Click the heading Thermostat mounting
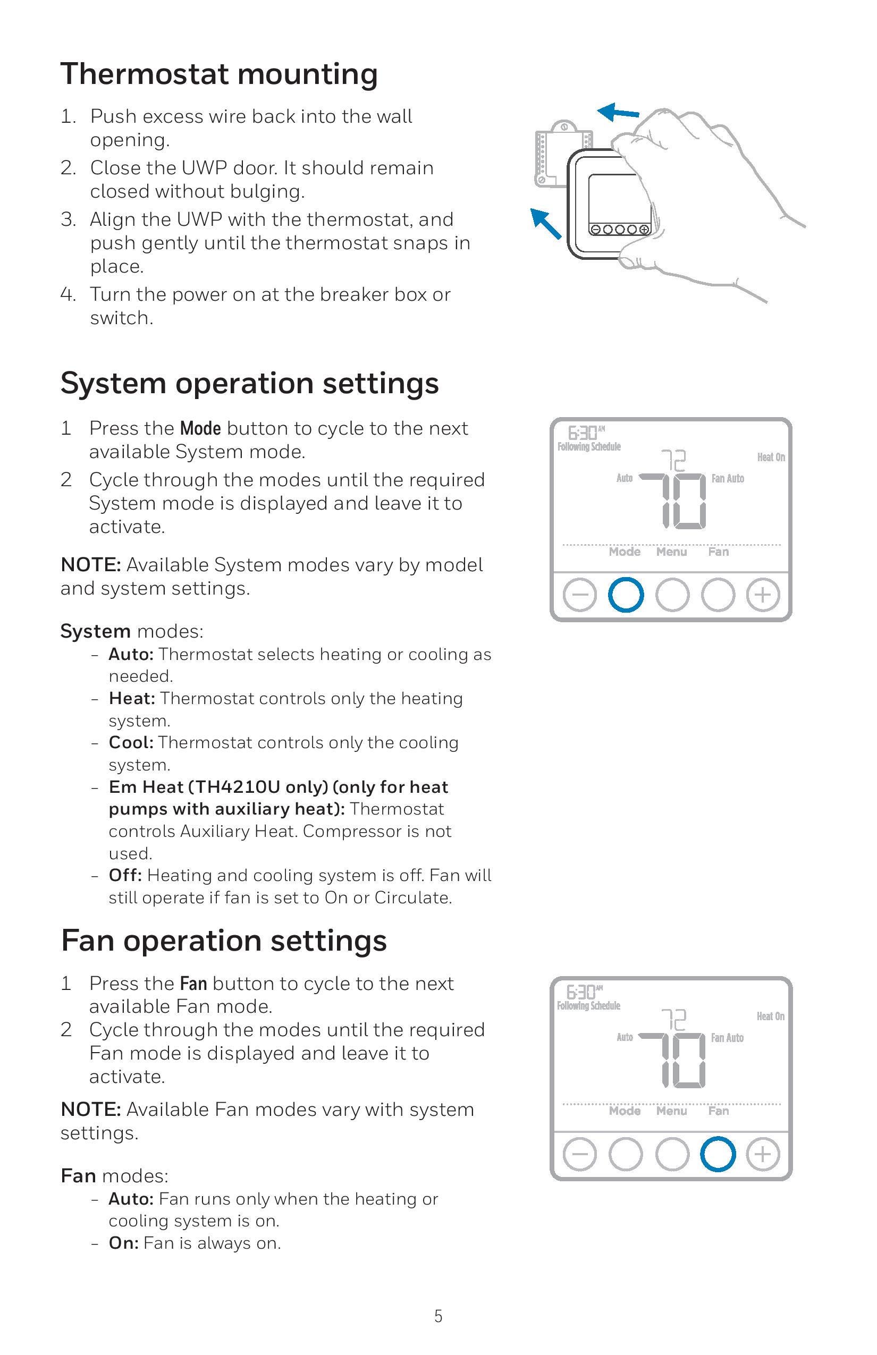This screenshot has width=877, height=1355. pos(219,74)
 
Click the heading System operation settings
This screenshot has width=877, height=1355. pos(249,383)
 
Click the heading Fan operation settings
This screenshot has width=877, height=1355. pos(224,940)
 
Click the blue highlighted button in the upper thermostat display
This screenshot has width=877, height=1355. pos(626,596)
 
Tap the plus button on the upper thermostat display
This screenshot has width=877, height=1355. pos(763,596)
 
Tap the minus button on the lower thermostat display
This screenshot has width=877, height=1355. pos(580,1155)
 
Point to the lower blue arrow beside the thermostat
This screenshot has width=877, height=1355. pos(547,224)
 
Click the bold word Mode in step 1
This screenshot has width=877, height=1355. pos(200,428)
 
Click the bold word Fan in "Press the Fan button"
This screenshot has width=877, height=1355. pos(193,984)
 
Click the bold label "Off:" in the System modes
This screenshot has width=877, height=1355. pos(125,875)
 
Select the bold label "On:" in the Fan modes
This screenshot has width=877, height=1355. pos(123,1243)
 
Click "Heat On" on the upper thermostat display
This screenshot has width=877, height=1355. pos(771,457)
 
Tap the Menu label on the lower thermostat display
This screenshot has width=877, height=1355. pos(671,1111)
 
